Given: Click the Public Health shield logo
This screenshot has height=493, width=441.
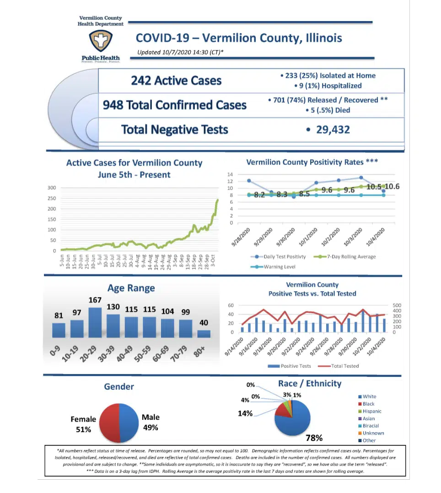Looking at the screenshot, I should tap(100, 41).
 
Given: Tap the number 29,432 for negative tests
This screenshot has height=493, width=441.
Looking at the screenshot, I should tap(333, 130).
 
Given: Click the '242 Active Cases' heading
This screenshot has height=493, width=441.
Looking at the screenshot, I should tap(176, 81).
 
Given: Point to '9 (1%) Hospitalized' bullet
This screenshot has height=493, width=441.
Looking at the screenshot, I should tap(329, 86).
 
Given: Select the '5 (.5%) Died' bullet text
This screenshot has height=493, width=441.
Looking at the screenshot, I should tap(329, 110).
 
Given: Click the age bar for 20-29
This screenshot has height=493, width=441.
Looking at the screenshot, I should tap(95, 322).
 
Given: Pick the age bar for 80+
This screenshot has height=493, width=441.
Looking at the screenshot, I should tap(204, 333).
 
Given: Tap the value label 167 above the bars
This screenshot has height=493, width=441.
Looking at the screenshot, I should tap(95, 300).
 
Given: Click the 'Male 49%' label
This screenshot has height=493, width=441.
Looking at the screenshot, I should tap(151, 422).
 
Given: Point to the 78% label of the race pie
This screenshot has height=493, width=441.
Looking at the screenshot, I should tap(314, 438).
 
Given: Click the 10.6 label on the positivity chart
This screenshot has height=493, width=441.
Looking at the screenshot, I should tap(392, 186).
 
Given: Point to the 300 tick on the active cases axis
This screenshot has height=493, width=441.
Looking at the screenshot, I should tap(51, 188).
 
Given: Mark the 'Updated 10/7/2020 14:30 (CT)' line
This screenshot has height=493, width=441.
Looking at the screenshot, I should tap(180, 52).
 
